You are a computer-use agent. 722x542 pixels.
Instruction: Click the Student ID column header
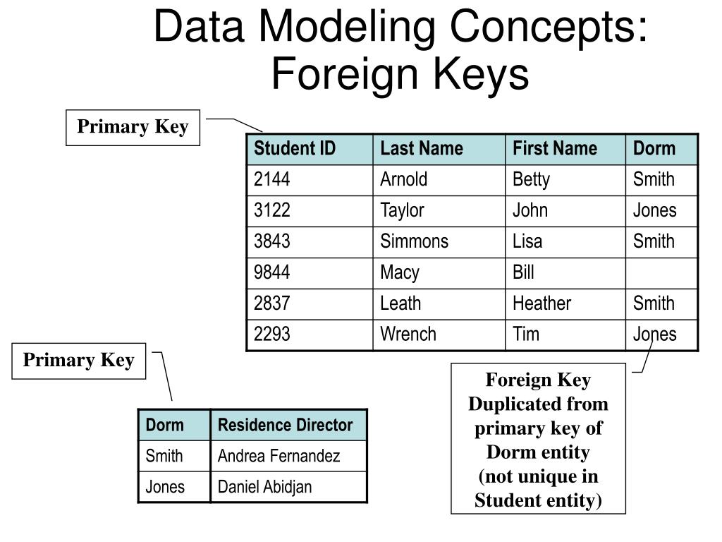(x=295, y=149)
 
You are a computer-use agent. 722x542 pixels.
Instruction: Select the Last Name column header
(x=422, y=149)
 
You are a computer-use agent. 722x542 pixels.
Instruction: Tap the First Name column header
(x=554, y=149)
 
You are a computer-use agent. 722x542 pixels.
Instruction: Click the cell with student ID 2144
(x=272, y=179)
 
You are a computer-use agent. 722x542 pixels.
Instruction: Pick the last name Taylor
(x=402, y=210)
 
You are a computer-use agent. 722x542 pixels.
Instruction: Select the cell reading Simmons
(x=414, y=241)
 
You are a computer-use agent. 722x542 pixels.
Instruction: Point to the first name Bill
(x=523, y=272)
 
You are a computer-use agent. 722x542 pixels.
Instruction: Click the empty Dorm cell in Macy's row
(x=661, y=272)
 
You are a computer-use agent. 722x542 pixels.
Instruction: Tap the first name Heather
(x=541, y=303)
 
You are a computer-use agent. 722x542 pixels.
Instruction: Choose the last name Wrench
(x=408, y=335)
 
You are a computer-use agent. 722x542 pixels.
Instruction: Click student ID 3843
(x=272, y=241)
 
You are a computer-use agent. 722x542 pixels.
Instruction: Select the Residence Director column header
(x=285, y=426)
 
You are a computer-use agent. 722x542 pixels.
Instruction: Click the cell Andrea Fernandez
(x=279, y=457)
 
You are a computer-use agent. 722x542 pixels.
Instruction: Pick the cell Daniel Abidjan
(x=264, y=487)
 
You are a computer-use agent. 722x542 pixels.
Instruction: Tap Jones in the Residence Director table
(x=165, y=487)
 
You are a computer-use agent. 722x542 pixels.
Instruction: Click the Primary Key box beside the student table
(x=133, y=127)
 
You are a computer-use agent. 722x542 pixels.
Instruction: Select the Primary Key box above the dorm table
(x=78, y=361)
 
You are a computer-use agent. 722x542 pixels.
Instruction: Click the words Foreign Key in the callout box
(x=538, y=380)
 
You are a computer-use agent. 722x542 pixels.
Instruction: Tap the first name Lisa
(x=527, y=241)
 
